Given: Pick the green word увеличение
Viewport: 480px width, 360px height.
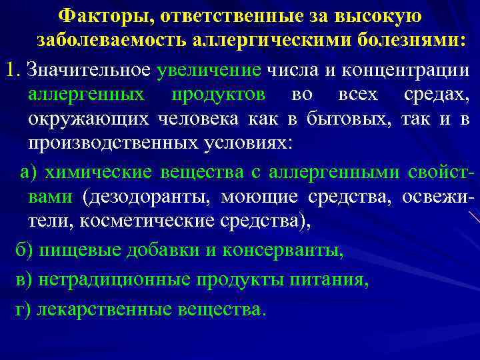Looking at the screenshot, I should [209, 69].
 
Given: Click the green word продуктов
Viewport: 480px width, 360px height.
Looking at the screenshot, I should [217, 94].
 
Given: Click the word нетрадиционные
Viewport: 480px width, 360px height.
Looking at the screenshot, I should [115, 279].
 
